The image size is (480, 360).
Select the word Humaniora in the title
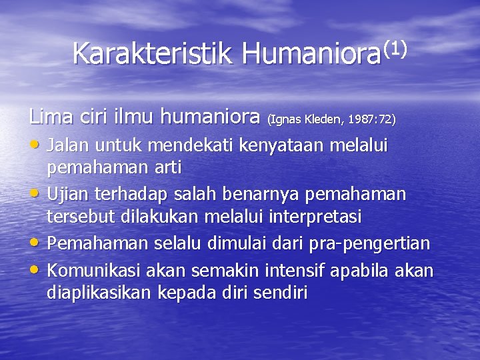tap(309, 53)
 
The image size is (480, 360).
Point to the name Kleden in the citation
tap(325, 120)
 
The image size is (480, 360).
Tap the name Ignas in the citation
tap(285, 120)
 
